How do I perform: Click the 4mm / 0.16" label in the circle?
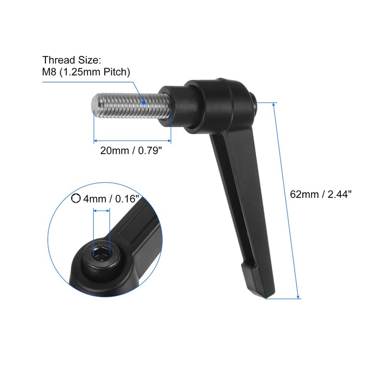pyautogui.click(x=111, y=199)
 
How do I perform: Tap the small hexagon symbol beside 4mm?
pyautogui.click(x=76, y=198)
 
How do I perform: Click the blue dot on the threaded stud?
pyautogui.click(x=144, y=102)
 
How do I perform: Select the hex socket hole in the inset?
pyautogui.click(x=102, y=253)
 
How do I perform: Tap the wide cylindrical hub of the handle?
pyautogui.click(x=218, y=104)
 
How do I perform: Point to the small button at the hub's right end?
pyautogui.click(x=255, y=99)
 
